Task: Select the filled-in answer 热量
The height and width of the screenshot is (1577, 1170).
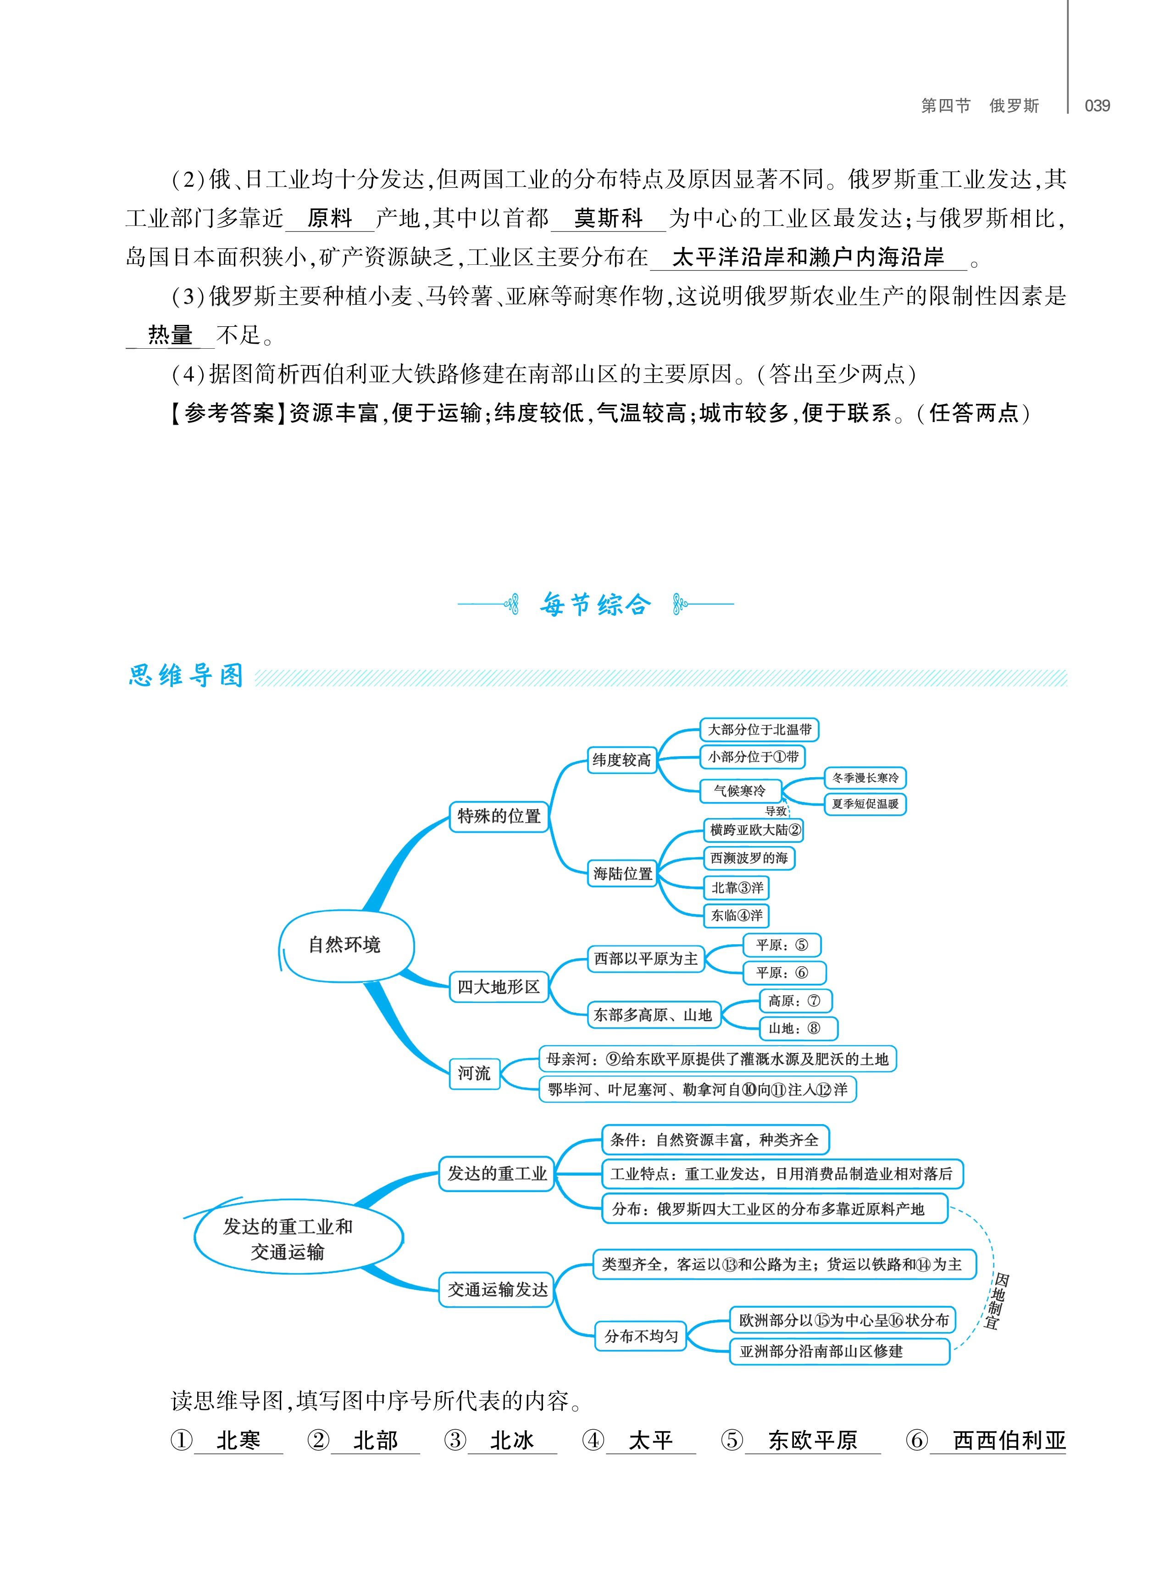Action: point(170,334)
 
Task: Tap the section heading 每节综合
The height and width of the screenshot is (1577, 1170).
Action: point(595,604)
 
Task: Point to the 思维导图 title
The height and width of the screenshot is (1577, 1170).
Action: point(186,675)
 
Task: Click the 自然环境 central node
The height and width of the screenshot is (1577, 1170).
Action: point(345,944)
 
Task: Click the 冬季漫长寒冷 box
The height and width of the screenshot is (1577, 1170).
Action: point(865,778)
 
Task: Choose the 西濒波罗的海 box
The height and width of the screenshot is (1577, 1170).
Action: point(749,858)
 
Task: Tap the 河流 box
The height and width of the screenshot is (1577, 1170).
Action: point(475,1073)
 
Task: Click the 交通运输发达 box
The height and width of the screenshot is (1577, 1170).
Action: point(497,1289)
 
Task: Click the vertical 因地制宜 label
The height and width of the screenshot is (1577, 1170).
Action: point(997,1301)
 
